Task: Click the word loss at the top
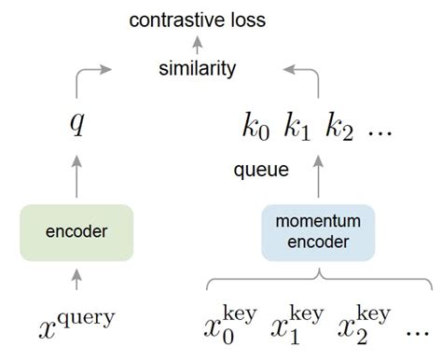[x=242, y=18]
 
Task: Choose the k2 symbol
[x=339, y=129]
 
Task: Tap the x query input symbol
[x=76, y=322]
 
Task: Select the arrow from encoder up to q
[x=76, y=177]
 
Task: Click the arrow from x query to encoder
[x=76, y=279]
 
